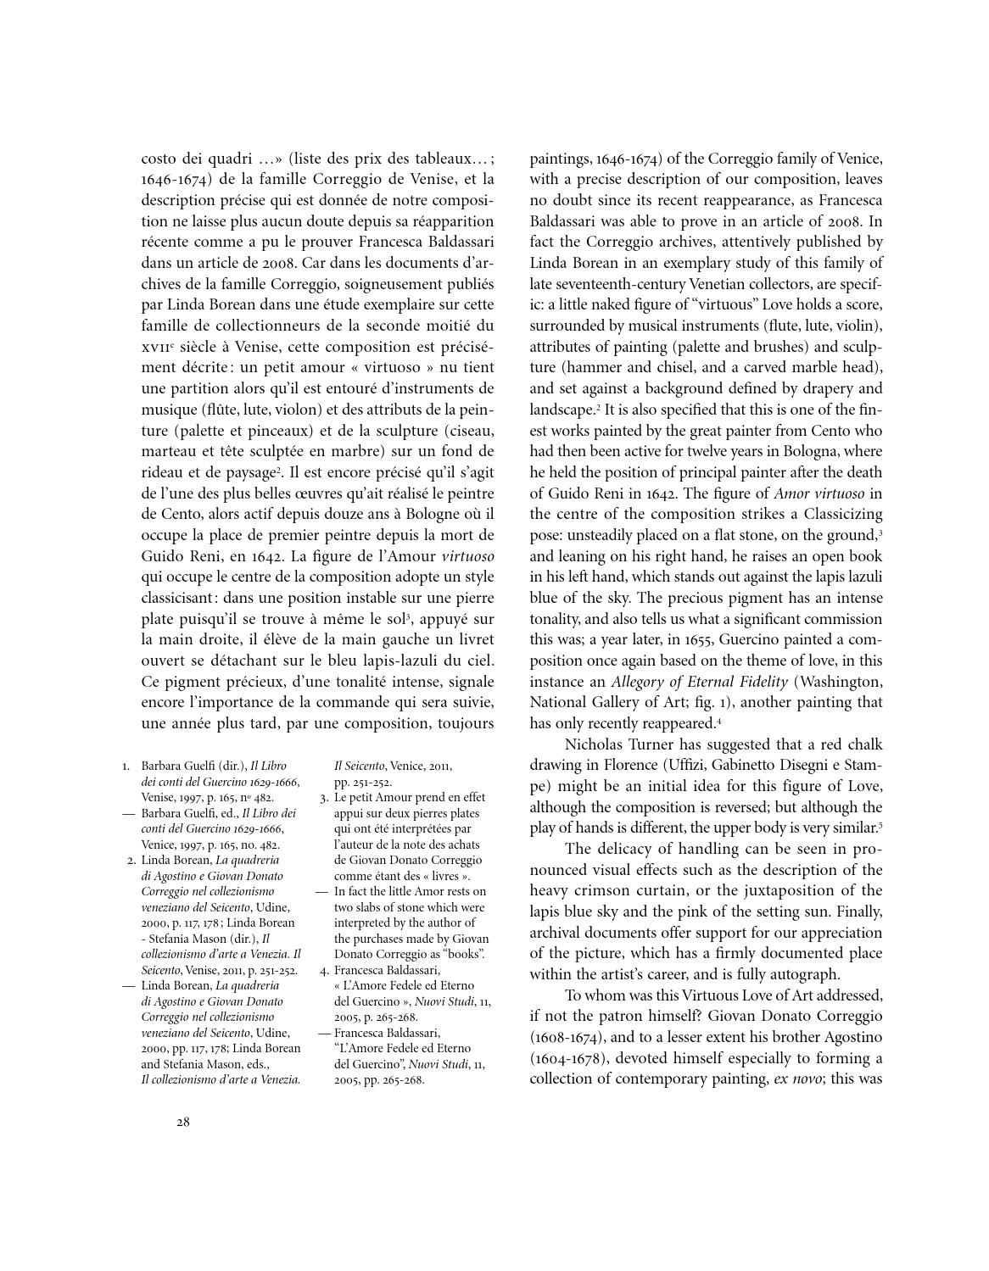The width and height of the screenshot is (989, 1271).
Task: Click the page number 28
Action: pyautogui.click(x=183, y=1123)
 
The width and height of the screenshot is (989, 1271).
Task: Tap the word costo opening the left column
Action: pyautogui.click(x=159, y=158)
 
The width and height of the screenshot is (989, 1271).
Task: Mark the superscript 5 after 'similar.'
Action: pyautogui.click(x=880, y=825)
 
